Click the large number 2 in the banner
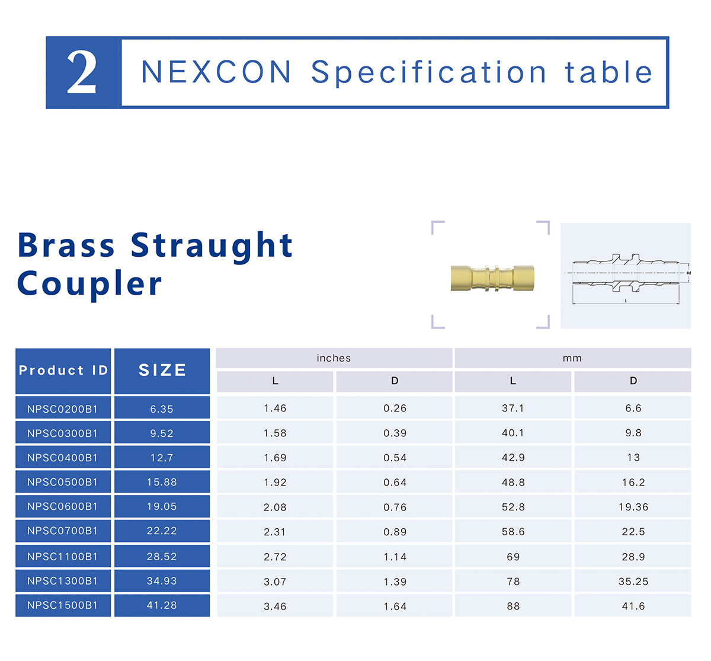(82, 72)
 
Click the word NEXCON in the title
(217, 72)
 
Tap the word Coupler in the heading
(89, 284)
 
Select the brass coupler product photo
(492, 278)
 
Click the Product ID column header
(63, 370)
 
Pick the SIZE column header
(162, 370)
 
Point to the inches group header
(334, 358)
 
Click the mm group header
(572, 358)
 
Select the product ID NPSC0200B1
(63, 409)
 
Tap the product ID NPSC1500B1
(63, 605)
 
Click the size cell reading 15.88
(162, 482)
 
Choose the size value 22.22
(162, 531)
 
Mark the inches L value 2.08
(275, 507)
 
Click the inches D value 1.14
(395, 557)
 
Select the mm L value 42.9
(513, 458)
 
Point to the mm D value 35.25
(633, 581)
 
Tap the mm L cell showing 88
(513, 606)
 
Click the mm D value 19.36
(633, 507)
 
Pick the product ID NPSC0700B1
(63, 531)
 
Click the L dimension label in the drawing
(626, 301)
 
